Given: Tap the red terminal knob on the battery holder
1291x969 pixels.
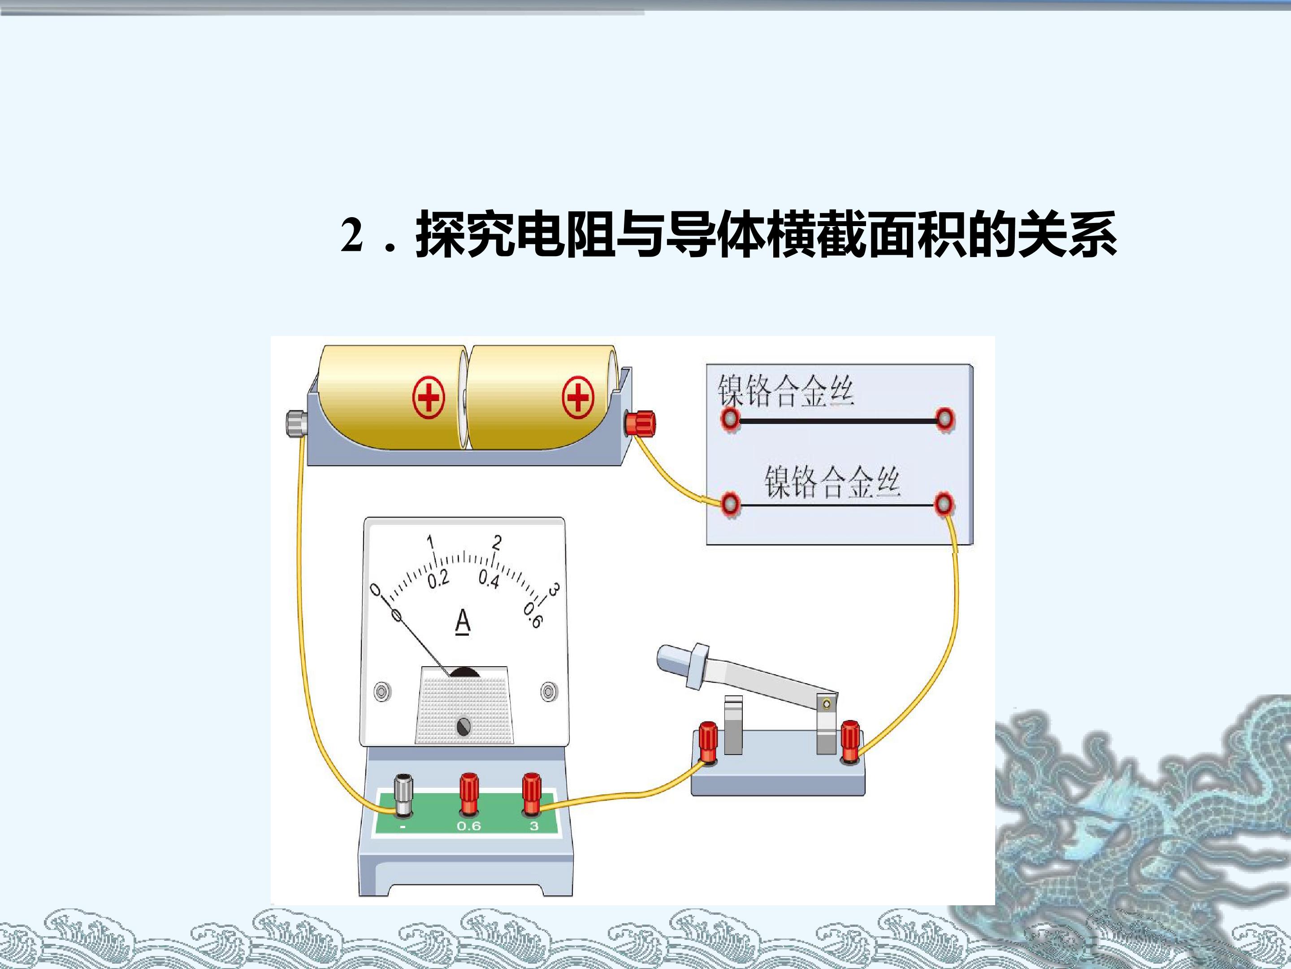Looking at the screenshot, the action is pyautogui.click(x=640, y=423).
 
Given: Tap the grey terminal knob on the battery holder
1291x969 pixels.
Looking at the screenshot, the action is pyautogui.click(x=296, y=423).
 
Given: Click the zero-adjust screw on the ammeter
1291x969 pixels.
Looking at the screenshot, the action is pyautogui.click(x=464, y=727).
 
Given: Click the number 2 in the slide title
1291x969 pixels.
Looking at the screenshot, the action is pyautogui.click(x=352, y=236).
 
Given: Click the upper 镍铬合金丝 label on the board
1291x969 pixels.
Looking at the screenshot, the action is pyautogui.click(x=785, y=390).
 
